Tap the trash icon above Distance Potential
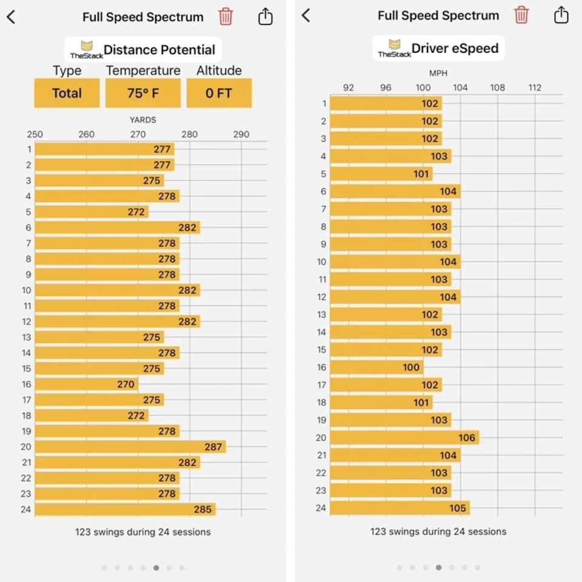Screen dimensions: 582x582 point(226,16)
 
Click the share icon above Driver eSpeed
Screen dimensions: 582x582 point(561,15)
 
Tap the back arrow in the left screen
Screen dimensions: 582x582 point(11,17)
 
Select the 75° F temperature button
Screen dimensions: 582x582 point(142,93)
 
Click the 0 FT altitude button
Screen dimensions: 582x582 point(218,93)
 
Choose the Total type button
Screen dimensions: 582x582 point(67,93)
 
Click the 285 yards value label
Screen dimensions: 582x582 point(203,509)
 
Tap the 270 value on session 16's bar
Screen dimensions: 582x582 point(126,384)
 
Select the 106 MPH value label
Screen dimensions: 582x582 point(467,438)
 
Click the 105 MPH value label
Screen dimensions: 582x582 point(458,508)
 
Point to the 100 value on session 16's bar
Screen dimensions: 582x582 point(411,367)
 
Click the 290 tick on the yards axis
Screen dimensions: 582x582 point(241,135)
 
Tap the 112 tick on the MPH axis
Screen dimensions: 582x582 point(535,87)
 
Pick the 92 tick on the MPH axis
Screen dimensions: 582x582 point(349,87)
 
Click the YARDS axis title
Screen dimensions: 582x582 point(143,120)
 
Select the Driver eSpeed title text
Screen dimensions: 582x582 point(455,49)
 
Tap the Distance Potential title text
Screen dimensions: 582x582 point(159,50)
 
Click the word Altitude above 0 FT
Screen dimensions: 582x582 point(219,71)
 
